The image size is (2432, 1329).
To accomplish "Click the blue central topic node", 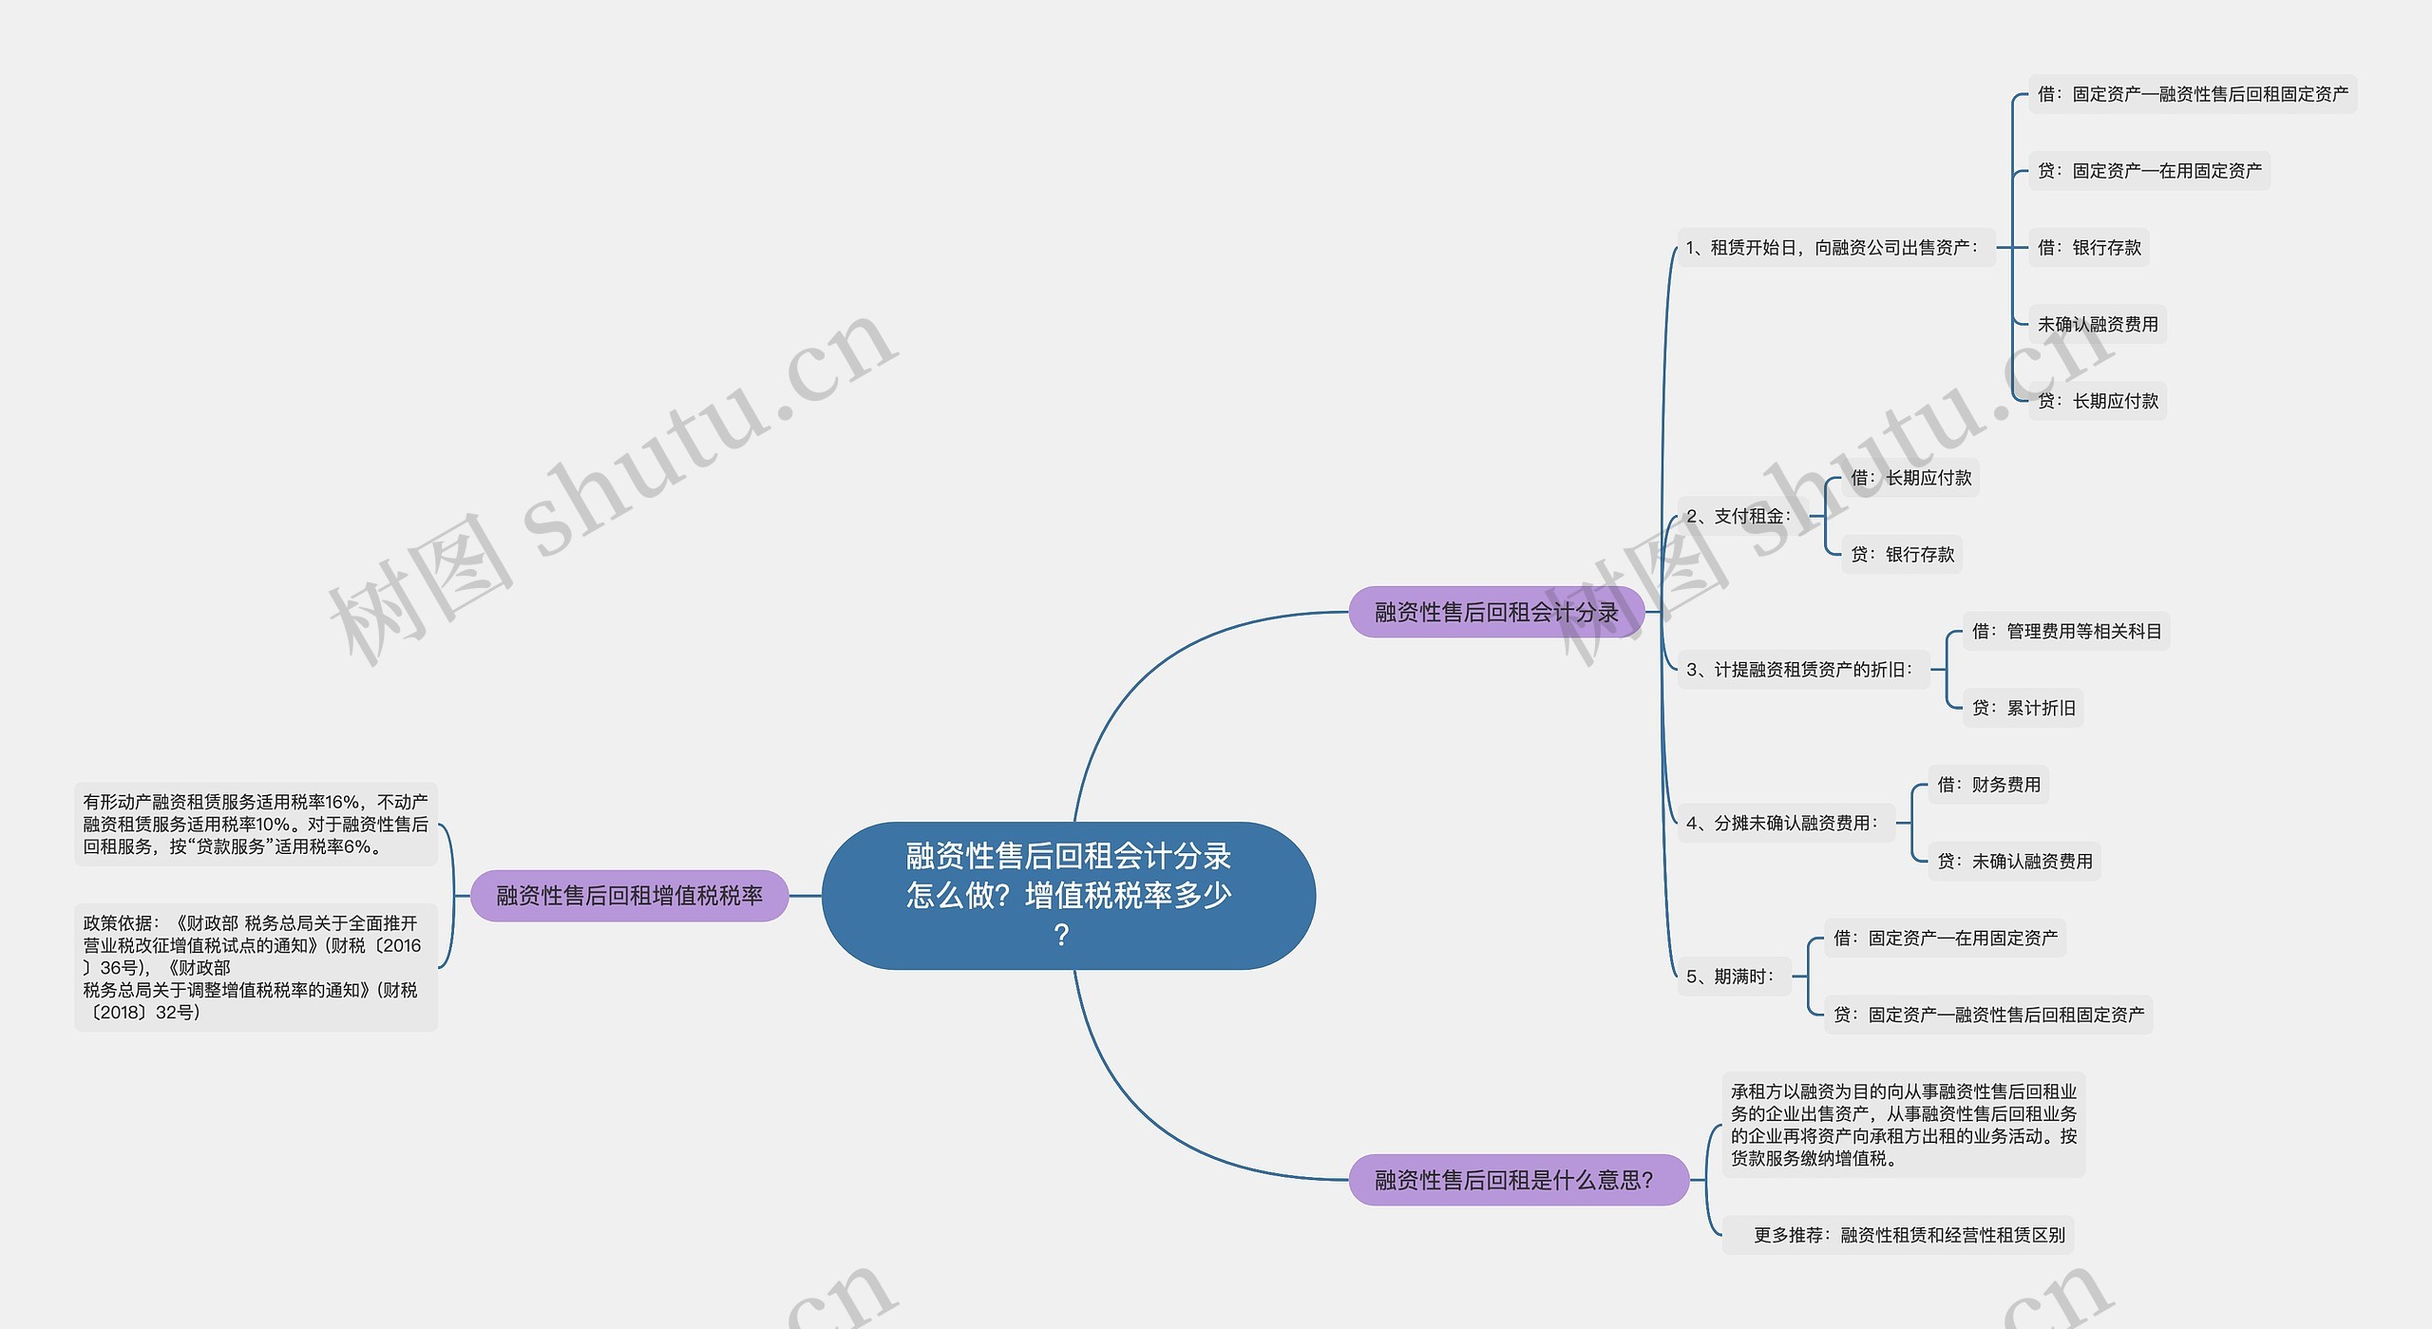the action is click(1068, 895).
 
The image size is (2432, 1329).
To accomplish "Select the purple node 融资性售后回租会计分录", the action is click(1496, 612).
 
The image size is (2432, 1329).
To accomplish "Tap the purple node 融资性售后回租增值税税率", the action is click(629, 895).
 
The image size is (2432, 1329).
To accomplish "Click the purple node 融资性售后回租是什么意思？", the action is click(1518, 1179).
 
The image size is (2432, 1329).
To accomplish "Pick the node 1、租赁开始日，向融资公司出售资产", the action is click(1835, 247).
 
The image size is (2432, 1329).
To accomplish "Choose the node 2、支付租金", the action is click(1742, 516).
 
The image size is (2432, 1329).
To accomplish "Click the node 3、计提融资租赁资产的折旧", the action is click(1803, 669).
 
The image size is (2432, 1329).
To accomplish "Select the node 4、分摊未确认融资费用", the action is click(1786, 823).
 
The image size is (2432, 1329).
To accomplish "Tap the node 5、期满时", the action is click(1734, 976).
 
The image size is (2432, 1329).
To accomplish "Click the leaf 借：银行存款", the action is click(2089, 247).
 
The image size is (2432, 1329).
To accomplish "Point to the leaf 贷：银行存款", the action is click(1902, 554).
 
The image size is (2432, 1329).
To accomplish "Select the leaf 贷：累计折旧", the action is click(2023, 708).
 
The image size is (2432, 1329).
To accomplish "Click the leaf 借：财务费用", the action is click(1988, 784).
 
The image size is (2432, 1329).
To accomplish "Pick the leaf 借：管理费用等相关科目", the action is click(2066, 631).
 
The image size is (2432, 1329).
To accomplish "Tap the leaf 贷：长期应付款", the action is click(2098, 401).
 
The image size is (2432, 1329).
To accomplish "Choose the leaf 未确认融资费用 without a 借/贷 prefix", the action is click(2098, 324).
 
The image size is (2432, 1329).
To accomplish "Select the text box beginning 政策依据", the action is click(256, 967).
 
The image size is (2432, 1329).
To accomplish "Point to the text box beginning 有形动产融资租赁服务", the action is click(256, 824).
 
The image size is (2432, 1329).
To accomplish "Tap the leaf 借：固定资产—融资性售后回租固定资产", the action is click(2193, 94).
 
